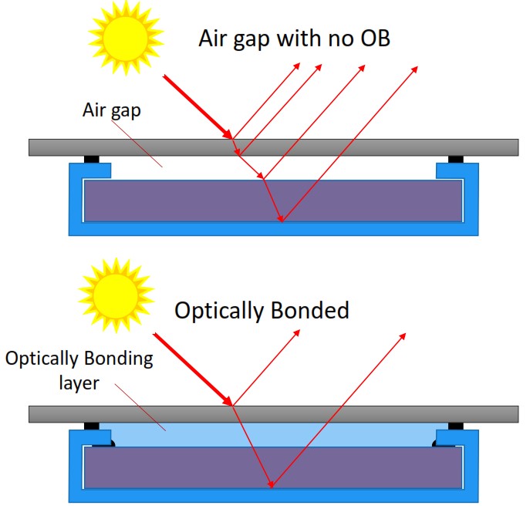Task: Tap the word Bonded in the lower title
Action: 311,310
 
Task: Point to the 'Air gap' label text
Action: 111,110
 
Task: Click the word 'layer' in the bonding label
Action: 79,382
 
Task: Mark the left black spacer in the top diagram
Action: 91,159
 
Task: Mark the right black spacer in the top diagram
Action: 455,159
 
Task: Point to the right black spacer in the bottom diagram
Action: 455,425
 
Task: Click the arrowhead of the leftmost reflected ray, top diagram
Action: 300,66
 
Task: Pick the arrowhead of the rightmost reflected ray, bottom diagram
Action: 403,336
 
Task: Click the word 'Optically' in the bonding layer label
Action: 42,359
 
